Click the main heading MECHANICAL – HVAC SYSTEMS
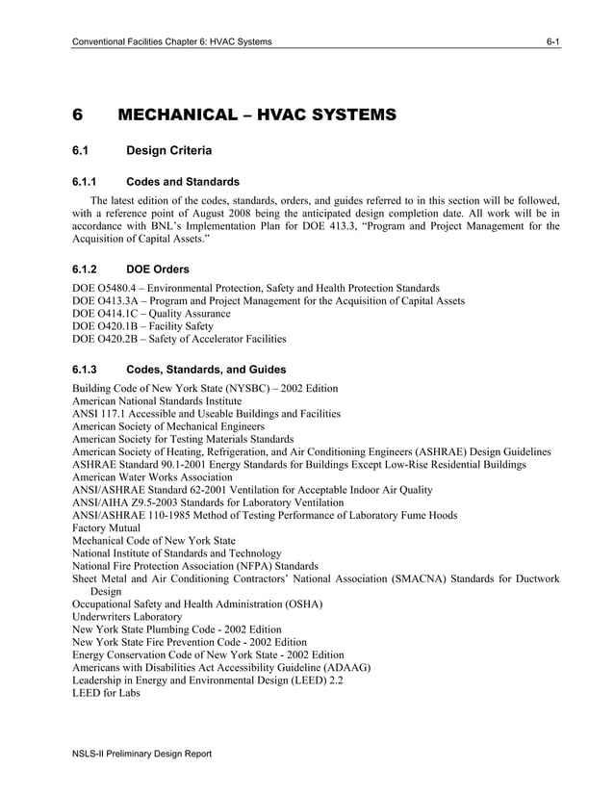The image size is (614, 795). (x=256, y=115)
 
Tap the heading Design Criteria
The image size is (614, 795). (x=169, y=151)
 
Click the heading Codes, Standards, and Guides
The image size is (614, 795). (x=206, y=370)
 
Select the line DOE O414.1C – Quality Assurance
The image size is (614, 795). (x=151, y=314)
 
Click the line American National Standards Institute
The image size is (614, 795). (x=157, y=400)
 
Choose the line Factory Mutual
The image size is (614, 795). (x=106, y=528)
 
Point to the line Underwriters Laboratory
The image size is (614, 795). (x=127, y=616)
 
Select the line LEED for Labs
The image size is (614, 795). (x=106, y=692)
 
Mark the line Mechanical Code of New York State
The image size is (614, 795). (x=154, y=541)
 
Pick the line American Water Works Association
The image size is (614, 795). (x=152, y=477)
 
